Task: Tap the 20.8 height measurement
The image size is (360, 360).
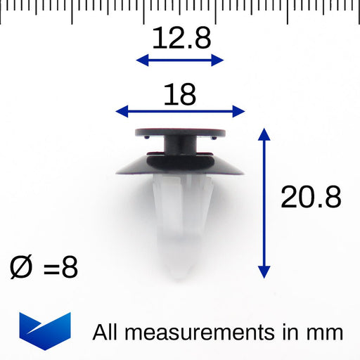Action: [311, 198]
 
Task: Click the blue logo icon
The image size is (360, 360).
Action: [45, 330]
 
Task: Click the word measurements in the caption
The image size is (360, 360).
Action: [200, 331]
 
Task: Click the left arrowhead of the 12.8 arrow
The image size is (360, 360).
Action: [140, 60]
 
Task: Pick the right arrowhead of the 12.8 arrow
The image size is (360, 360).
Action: [219, 60]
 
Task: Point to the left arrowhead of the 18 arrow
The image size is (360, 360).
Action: [120, 110]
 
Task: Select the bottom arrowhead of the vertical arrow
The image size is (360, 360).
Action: [264, 273]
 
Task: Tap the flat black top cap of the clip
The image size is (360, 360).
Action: [180, 131]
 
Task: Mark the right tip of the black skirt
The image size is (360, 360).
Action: [243, 172]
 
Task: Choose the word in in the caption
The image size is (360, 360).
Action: [297, 331]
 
